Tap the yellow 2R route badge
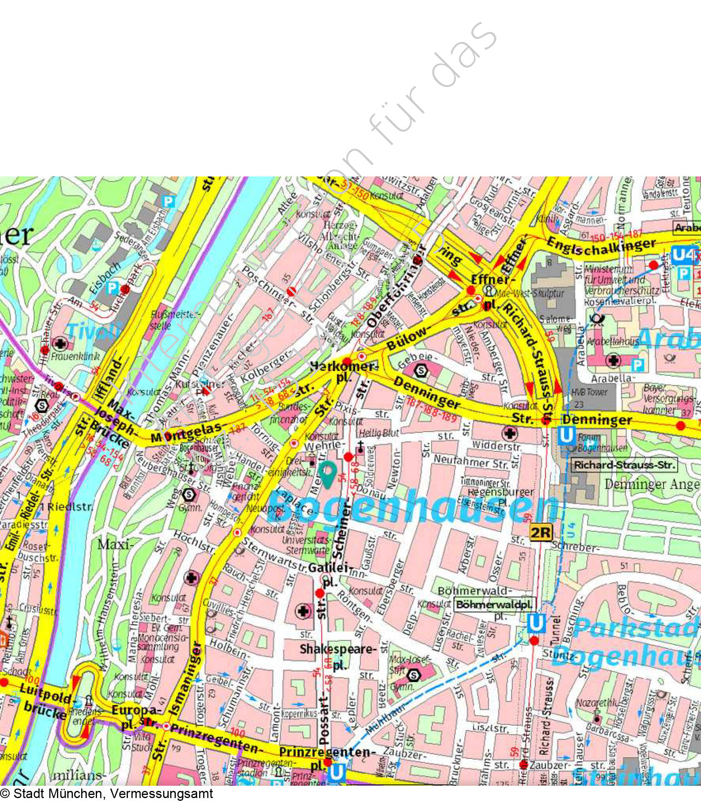point(541,533)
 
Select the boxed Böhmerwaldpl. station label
point(495,605)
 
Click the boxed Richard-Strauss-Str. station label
point(624,465)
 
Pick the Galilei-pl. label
point(329,574)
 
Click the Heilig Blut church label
point(379,433)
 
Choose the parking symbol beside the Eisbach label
point(112,288)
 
